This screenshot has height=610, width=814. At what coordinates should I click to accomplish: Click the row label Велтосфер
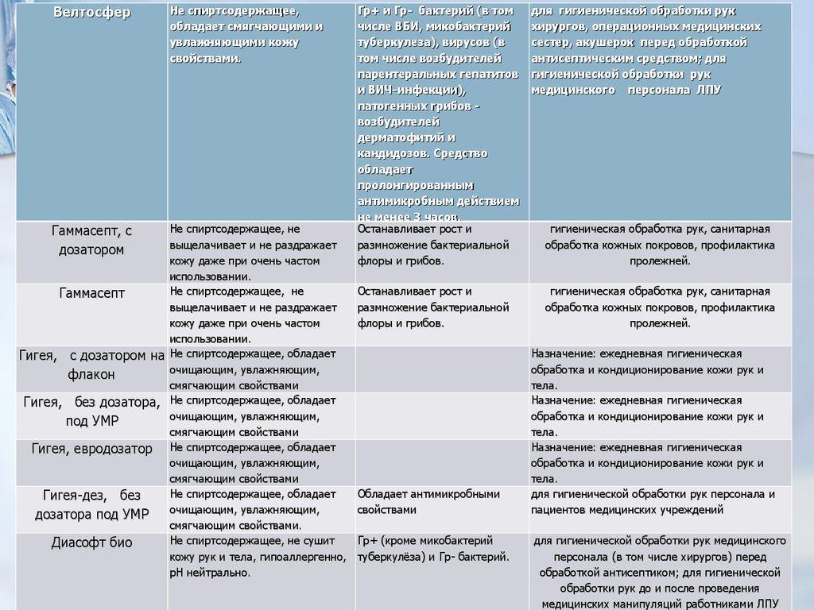(x=92, y=13)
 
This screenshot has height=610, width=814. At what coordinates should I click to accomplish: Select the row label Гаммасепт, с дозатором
(x=92, y=239)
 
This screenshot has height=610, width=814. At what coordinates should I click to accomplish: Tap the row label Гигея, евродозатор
(x=92, y=449)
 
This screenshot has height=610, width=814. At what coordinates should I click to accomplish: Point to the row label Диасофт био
(x=92, y=543)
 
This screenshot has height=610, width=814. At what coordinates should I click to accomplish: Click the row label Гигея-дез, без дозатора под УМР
(x=92, y=504)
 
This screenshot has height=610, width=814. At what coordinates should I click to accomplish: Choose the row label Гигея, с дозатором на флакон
(x=92, y=364)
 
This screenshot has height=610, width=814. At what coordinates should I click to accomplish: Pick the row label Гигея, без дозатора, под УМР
(x=92, y=411)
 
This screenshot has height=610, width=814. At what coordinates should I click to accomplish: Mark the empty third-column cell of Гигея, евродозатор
(x=442, y=462)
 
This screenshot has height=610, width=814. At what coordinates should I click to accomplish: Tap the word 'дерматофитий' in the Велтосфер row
(x=399, y=137)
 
